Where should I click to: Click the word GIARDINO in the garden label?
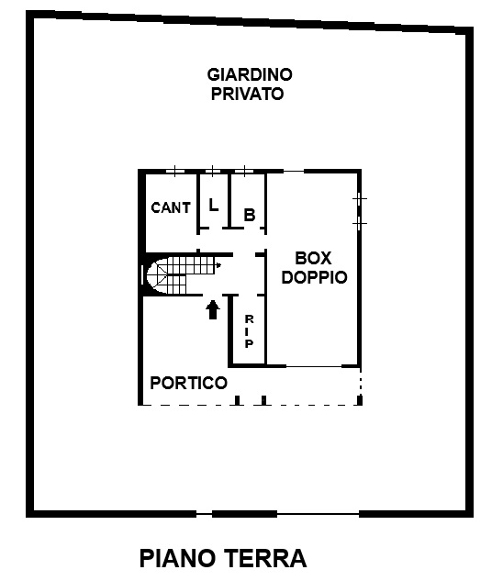(x=250, y=74)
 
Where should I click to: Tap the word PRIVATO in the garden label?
(x=247, y=94)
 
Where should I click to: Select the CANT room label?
(x=171, y=207)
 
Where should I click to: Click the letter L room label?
(x=213, y=205)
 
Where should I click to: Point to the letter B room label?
(x=250, y=215)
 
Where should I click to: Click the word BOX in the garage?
(x=313, y=258)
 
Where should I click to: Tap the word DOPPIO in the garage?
(x=314, y=277)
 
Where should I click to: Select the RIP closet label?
(x=249, y=331)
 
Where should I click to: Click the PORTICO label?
(x=189, y=383)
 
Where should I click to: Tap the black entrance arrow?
(x=213, y=309)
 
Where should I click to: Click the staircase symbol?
(x=181, y=275)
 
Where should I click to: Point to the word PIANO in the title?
(x=177, y=559)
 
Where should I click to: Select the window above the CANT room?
(x=174, y=171)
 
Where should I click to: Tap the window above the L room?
(x=212, y=171)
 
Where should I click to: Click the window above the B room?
(x=244, y=171)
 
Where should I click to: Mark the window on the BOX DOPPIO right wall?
(x=359, y=211)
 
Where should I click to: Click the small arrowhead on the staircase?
(x=218, y=265)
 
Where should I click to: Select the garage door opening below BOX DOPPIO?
(x=314, y=366)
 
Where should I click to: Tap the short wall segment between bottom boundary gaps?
(x=245, y=514)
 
